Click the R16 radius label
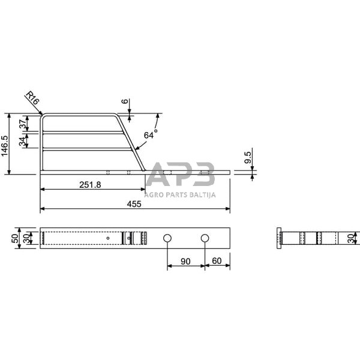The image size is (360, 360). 32,100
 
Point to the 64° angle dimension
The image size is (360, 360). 150,136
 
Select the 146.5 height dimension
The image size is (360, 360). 5,144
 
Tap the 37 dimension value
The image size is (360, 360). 22,124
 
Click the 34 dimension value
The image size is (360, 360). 22,142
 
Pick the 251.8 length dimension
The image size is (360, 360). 89,185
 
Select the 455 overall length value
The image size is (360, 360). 134,204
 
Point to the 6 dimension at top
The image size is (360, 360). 124,101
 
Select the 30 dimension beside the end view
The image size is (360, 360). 350,238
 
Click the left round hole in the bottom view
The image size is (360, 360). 167,239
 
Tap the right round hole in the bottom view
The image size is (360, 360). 205,239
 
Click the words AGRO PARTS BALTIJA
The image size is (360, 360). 181,194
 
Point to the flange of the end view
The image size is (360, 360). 278,238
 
